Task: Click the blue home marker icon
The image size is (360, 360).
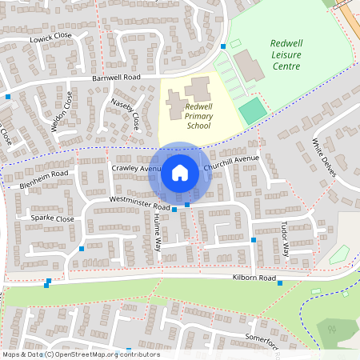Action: pos(180,172)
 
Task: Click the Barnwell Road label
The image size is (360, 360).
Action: pos(116,78)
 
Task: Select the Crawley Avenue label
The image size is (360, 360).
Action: pos(136,169)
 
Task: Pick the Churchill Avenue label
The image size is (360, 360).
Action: pos(232,162)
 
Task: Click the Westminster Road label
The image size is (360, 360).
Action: pos(140,206)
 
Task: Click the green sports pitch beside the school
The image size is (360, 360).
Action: pos(252,110)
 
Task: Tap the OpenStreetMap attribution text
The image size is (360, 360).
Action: pos(80,354)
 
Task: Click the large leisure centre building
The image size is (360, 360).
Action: pos(249,66)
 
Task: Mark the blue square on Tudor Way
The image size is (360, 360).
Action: pos(254,239)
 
